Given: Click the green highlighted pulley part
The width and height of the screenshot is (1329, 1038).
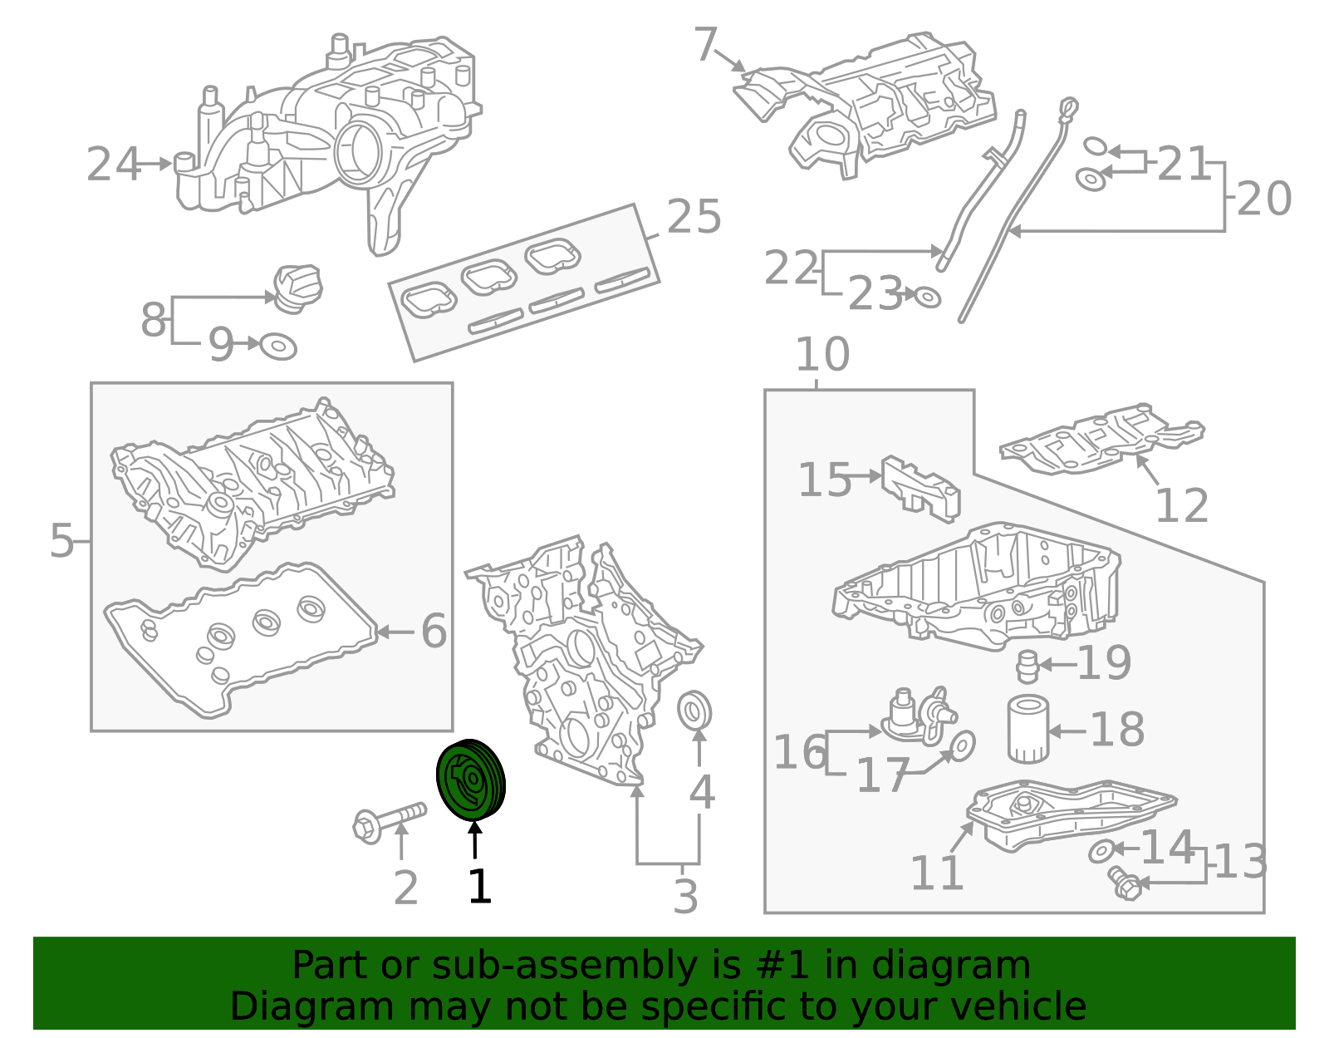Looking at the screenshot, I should click(471, 780).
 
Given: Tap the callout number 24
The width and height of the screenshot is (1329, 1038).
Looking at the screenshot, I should click(113, 165).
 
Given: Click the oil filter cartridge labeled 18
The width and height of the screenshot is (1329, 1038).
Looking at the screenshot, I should click(1027, 730).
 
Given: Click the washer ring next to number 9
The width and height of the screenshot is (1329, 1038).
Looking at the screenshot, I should click(278, 346).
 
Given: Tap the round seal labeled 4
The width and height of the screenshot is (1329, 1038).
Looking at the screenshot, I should click(694, 710).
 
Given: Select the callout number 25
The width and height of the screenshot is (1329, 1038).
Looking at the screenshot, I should click(694, 218).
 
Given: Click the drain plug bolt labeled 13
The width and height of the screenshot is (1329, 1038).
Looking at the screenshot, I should click(1124, 884).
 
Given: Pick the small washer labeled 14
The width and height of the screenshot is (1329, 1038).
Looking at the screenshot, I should click(1101, 851).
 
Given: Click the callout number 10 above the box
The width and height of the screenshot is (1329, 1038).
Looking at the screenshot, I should click(822, 355).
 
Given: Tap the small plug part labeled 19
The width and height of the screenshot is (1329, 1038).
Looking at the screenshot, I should click(1027, 667).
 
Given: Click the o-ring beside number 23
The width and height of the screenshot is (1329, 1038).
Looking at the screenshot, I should click(927, 297).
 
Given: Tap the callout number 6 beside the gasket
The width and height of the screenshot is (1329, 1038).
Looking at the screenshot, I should click(434, 632).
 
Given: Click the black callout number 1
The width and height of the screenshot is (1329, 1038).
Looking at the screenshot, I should click(479, 887).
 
